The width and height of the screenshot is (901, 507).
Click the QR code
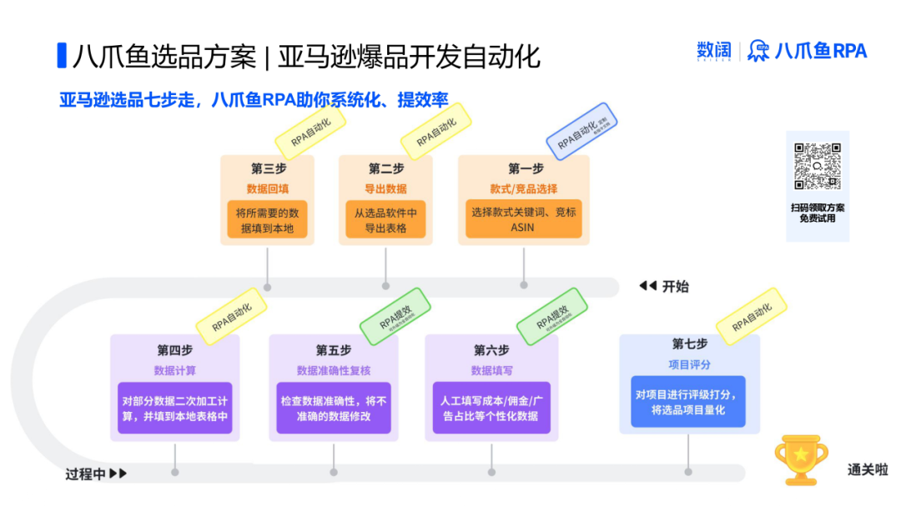(x=817, y=166)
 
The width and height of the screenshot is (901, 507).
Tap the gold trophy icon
(x=801, y=459)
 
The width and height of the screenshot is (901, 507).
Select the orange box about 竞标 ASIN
(x=523, y=218)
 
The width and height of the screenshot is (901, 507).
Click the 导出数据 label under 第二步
(x=385, y=188)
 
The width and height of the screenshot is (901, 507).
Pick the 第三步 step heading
(x=268, y=168)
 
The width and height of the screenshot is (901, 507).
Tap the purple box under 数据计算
(x=174, y=408)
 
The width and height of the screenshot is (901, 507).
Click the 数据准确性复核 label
(x=333, y=370)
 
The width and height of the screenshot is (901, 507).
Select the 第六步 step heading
(x=491, y=349)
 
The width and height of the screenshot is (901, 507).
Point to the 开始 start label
(x=675, y=287)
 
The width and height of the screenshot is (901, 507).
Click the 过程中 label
(x=86, y=474)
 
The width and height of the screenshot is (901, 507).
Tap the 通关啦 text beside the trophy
(x=868, y=470)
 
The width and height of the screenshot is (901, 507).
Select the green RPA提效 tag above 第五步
(x=395, y=316)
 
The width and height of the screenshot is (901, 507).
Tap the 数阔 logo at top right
(x=713, y=51)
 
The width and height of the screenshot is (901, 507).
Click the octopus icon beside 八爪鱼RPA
(x=758, y=51)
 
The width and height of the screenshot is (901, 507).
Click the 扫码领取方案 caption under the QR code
(x=818, y=207)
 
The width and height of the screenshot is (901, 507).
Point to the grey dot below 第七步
(x=688, y=471)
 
